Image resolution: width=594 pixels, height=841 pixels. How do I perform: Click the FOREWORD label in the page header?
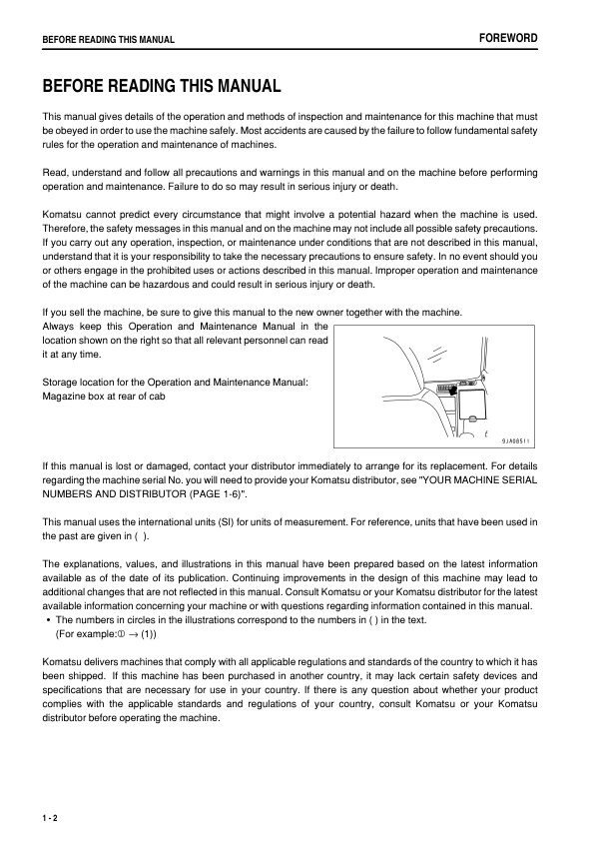pyautogui.click(x=509, y=38)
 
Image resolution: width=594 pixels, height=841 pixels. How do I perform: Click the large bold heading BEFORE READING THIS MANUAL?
pyautogui.click(x=161, y=87)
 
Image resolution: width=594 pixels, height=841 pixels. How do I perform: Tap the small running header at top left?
pyautogui.click(x=108, y=40)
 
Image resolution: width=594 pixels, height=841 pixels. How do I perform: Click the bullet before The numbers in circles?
pyautogui.click(x=49, y=620)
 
